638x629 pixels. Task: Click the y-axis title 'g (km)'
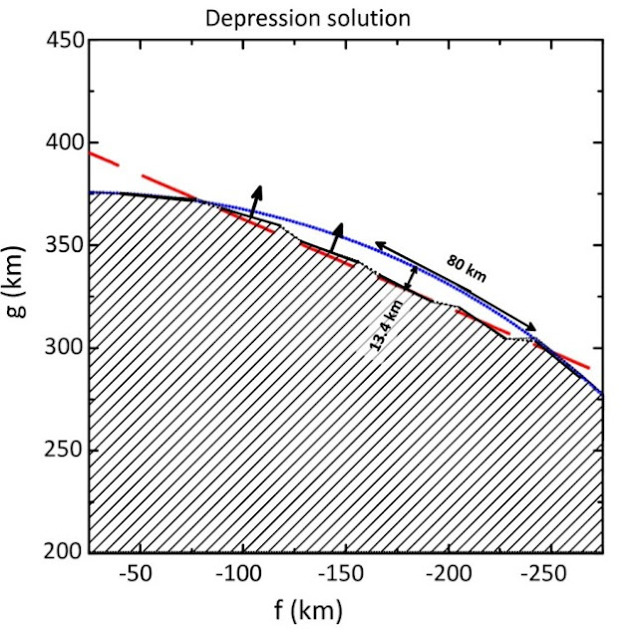point(20,296)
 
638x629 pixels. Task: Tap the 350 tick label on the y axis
point(61,246)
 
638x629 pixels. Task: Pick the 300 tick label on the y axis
point(61,348)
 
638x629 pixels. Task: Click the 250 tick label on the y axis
point(61,451)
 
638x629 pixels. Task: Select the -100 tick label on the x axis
point(237,574)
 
